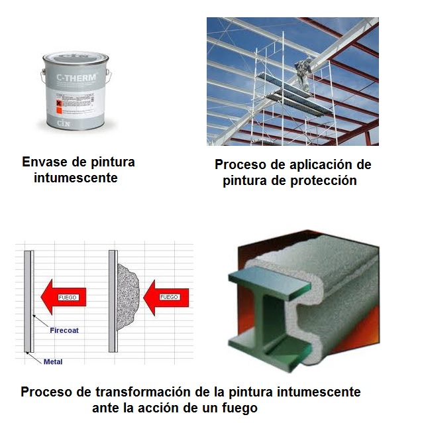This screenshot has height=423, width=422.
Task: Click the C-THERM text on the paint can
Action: point(77,78)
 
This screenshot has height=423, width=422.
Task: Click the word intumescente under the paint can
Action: point(76,178)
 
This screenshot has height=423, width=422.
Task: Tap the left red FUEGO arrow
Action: point(64,297)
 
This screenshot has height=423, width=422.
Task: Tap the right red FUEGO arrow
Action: point(166,297)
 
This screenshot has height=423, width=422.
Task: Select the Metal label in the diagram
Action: point(52,361)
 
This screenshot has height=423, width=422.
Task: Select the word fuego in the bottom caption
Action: point(238,407)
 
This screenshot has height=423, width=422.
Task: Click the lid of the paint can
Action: point(76,60)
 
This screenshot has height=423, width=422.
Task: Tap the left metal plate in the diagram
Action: point(28,302)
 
